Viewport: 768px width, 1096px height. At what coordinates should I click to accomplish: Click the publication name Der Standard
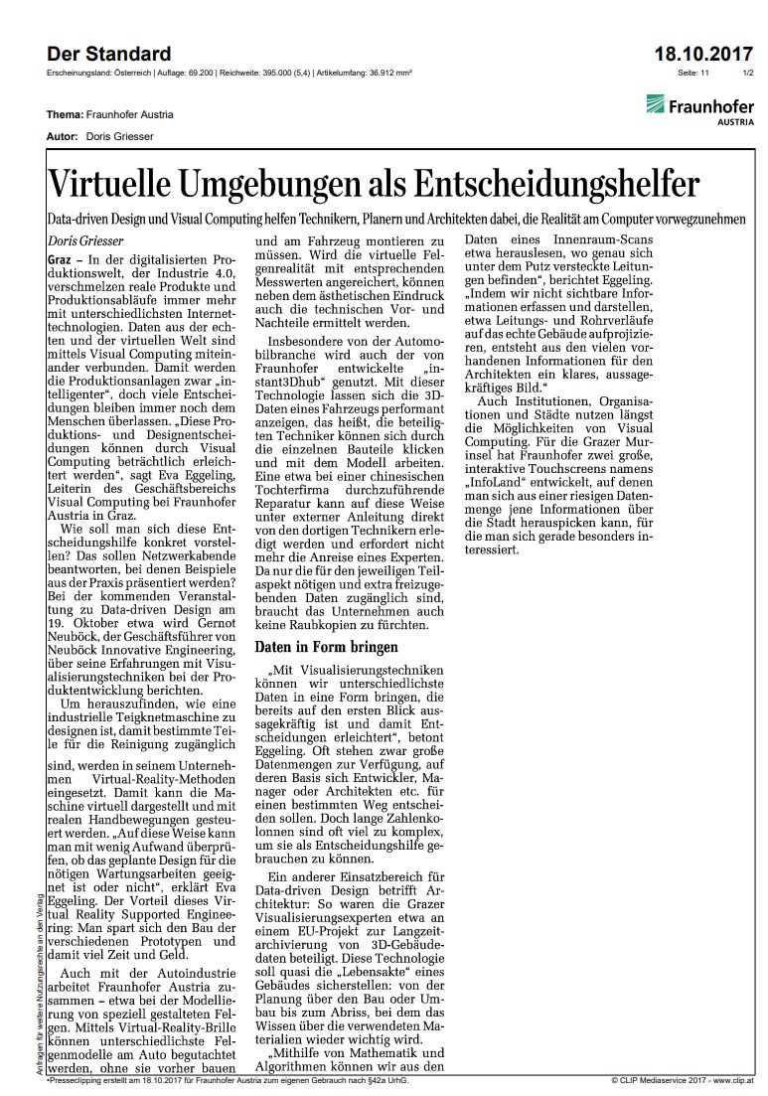pos(108,54)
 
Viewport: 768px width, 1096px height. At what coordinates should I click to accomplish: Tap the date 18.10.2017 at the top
pos(703,54)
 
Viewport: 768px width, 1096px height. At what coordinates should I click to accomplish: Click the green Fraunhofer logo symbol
pos(655,104)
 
